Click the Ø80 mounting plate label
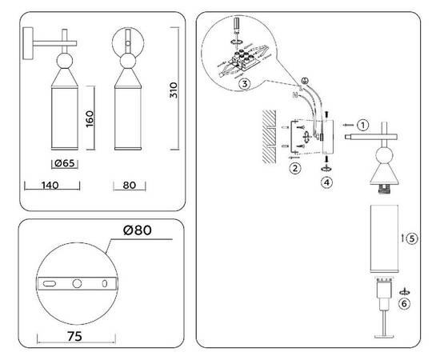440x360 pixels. pos(138,232)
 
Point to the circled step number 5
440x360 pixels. pos(411,238)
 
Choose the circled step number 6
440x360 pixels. pos(405,303)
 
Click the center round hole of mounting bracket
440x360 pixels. pos(77,284)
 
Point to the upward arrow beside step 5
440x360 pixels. pos(400,238)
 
